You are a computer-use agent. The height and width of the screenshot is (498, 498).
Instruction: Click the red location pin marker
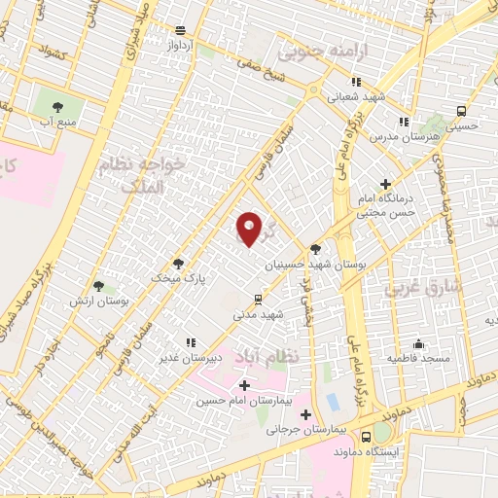coord(250,229)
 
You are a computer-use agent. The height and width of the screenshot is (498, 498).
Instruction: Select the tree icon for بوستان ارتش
coord(98,286)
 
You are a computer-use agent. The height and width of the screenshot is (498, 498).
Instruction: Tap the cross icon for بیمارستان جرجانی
coord(305,413)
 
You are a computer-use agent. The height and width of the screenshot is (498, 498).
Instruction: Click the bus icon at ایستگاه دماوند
coord(367,436)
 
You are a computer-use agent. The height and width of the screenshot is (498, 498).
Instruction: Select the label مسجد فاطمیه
coord(418,358)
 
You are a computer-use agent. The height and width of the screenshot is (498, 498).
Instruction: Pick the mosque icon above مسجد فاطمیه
coord(418,343)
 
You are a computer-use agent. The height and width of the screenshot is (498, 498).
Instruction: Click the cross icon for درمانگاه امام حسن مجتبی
coord(385,183)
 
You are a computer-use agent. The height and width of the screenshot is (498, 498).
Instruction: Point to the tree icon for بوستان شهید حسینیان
coord(314,249)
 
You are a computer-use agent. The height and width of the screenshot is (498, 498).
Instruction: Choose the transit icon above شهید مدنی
coord(257,300)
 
